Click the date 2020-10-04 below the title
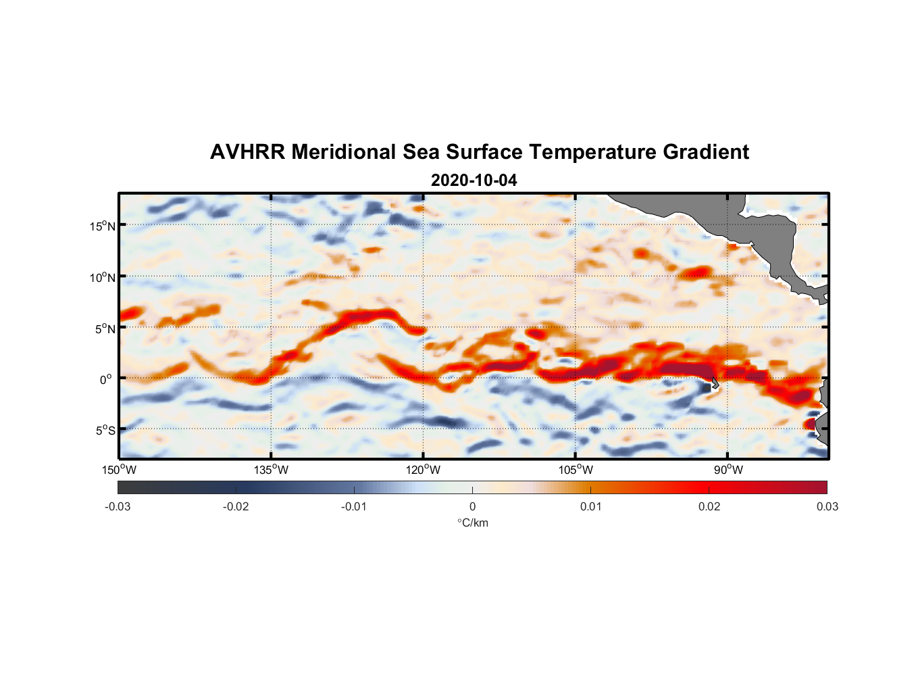474,180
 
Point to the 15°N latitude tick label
103,226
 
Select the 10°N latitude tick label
103,277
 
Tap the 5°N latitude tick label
105,329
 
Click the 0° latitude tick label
106,380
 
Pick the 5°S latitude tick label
105,431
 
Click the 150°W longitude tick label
120,470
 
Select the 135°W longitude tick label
272,470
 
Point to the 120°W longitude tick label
424,470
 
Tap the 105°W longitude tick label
576,470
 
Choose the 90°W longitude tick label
728,470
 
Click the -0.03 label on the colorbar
118,506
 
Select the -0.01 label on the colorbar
354,506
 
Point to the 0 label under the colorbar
472,506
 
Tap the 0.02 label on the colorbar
709,506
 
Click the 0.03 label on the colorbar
827,506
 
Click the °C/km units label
472,523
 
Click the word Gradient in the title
706,152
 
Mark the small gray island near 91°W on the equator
715,383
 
